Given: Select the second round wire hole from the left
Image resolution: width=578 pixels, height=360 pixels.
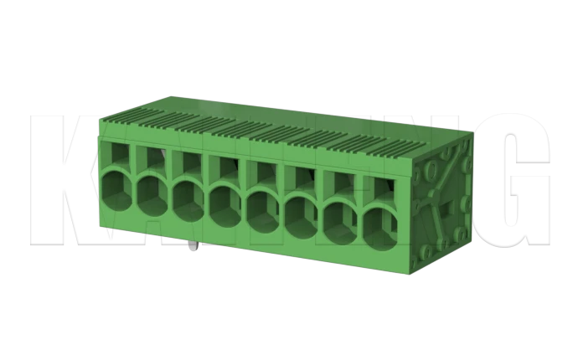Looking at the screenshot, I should (x=152, y=196).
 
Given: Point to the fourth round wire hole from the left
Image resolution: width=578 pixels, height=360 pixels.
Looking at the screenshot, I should (x=225, y=203).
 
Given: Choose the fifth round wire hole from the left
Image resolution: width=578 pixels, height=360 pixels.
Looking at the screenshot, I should (x=263, y=209).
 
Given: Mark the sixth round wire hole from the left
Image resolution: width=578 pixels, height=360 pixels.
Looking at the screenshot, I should (x=302, y=215).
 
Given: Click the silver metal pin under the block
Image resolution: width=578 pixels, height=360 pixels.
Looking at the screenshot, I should (x=194, y=248).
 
